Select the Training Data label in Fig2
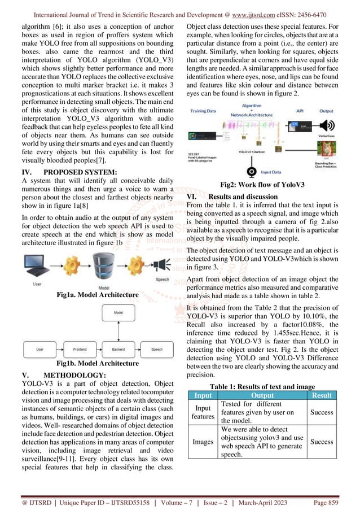[207, 111]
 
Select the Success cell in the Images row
[322, 442]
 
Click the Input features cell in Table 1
[202, 412]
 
